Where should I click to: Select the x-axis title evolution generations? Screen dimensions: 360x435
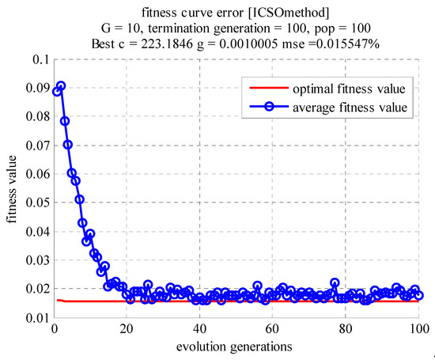tap(236, 347)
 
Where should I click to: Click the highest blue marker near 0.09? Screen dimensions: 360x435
tap(61, 85)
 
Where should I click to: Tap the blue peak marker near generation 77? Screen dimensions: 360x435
tap(335, 283)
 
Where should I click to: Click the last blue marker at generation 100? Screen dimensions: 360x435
tap(419, 296)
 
